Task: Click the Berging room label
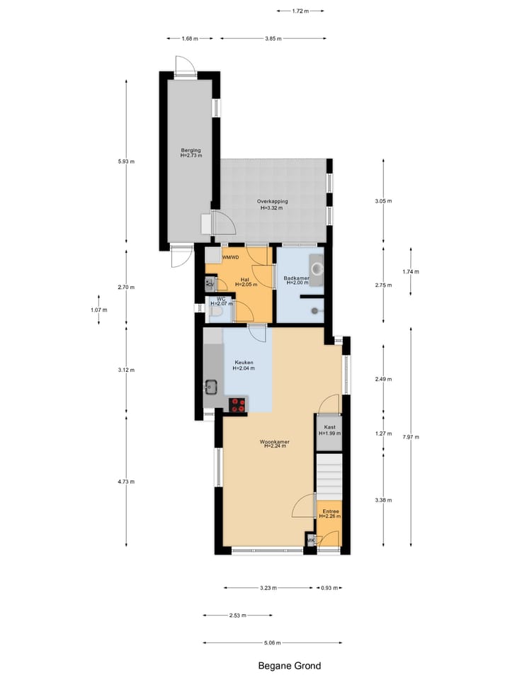point(191,153)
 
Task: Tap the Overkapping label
point(272,205)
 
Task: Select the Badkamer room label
point(296,280)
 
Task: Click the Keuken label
point(244,365)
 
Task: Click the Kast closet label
point(329,430)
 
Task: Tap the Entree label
point(330,514)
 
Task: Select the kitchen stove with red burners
point(238,404)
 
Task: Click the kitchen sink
point(210,387)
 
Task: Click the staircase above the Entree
point(329,476)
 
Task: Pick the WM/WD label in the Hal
point(231,258)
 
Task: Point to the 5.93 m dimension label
point(127,161)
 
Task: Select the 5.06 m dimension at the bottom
point(273,642)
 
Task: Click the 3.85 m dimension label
point(273,38)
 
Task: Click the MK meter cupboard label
point(310,541)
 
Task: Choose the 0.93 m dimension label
point(329,588)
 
